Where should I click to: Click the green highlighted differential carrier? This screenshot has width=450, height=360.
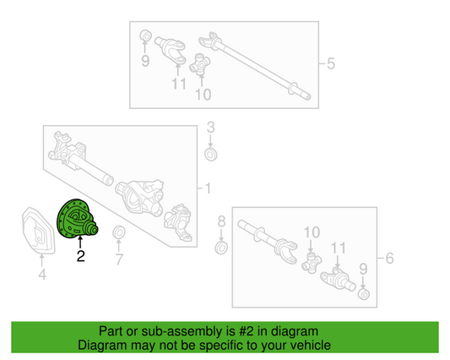(77, 219)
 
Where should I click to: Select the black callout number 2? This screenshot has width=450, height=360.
(81, 256)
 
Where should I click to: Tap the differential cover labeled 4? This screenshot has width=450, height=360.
(38, 231)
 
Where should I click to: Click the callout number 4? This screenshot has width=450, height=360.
(42, 275)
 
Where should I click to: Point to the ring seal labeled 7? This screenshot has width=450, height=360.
(118, 232)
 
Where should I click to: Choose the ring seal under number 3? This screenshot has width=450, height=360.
(211, 155)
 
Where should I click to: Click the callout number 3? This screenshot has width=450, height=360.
(211, 128)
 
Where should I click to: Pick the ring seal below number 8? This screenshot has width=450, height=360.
(221, 248)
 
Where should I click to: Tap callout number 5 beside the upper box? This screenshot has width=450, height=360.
(331, 63)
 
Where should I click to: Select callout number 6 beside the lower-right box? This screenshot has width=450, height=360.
(389, 258)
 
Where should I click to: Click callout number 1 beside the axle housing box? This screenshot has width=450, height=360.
(208, 188)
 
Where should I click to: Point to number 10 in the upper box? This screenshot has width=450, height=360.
(203, 95)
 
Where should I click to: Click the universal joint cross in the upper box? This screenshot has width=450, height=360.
(200, 64)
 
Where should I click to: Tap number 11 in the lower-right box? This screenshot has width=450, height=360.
(339, 248)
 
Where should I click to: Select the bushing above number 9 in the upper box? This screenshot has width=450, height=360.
(145, 35)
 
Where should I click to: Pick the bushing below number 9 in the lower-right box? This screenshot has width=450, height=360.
(364, 294)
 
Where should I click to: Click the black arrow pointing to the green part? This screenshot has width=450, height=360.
(80, 242)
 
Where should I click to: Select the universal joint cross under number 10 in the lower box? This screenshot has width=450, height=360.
(312, 263)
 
